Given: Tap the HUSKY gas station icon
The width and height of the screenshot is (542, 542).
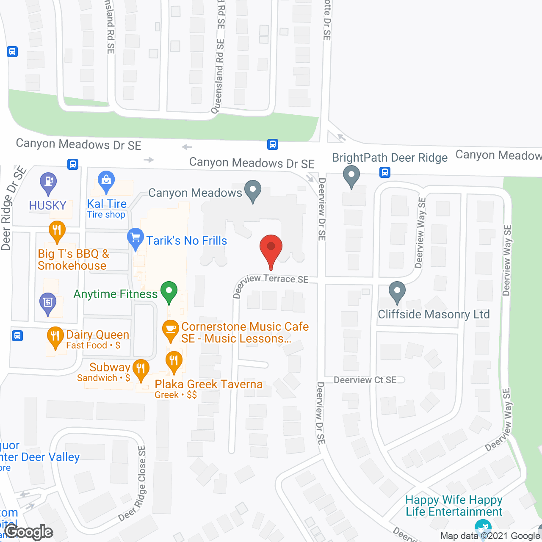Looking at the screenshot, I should (x=48, y=183).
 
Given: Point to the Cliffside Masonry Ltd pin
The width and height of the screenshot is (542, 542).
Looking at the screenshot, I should (x=397, y=292).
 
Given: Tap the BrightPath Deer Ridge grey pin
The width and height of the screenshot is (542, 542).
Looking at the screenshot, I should (x=351, y=176).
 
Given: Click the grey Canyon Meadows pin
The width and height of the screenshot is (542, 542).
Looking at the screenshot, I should (x=253, y=191).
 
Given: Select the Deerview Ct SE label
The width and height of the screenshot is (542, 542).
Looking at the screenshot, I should (x=365, y=380).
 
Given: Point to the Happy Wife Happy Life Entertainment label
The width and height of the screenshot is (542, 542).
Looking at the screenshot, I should (x=454, y=506).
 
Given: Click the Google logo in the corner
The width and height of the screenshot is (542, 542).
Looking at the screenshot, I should (x=29, y=532).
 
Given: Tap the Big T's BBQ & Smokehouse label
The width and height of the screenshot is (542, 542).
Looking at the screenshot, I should (x=73, y=260).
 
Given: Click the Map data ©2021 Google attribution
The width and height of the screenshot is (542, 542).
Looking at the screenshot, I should (x=490, y=536).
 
